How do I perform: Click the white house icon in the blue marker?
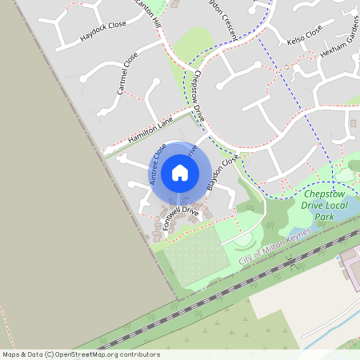[180, 172]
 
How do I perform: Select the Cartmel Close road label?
[127, 74]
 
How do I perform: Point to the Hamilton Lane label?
[150, 131]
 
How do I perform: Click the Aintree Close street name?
[158, 165]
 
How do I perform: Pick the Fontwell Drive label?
[180, 216]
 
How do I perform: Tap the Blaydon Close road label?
[222, 173]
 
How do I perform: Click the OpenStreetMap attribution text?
[81, 354]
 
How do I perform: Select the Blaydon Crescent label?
[221, 14]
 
